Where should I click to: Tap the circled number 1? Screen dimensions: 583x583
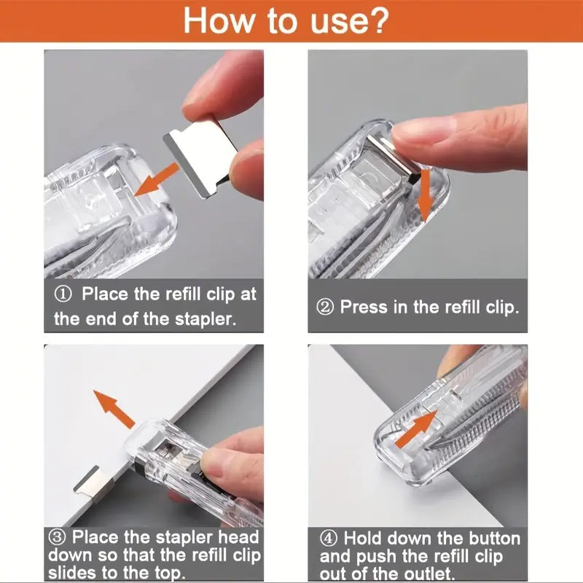63,294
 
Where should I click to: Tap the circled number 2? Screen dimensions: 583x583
325,308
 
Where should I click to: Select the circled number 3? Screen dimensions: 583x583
58,537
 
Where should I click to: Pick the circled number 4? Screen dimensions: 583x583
329,539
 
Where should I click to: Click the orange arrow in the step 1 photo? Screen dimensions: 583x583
157,180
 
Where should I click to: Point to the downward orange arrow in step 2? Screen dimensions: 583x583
425,196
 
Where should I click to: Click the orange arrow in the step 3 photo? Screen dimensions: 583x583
114,409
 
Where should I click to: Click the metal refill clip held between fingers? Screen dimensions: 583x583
201,158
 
